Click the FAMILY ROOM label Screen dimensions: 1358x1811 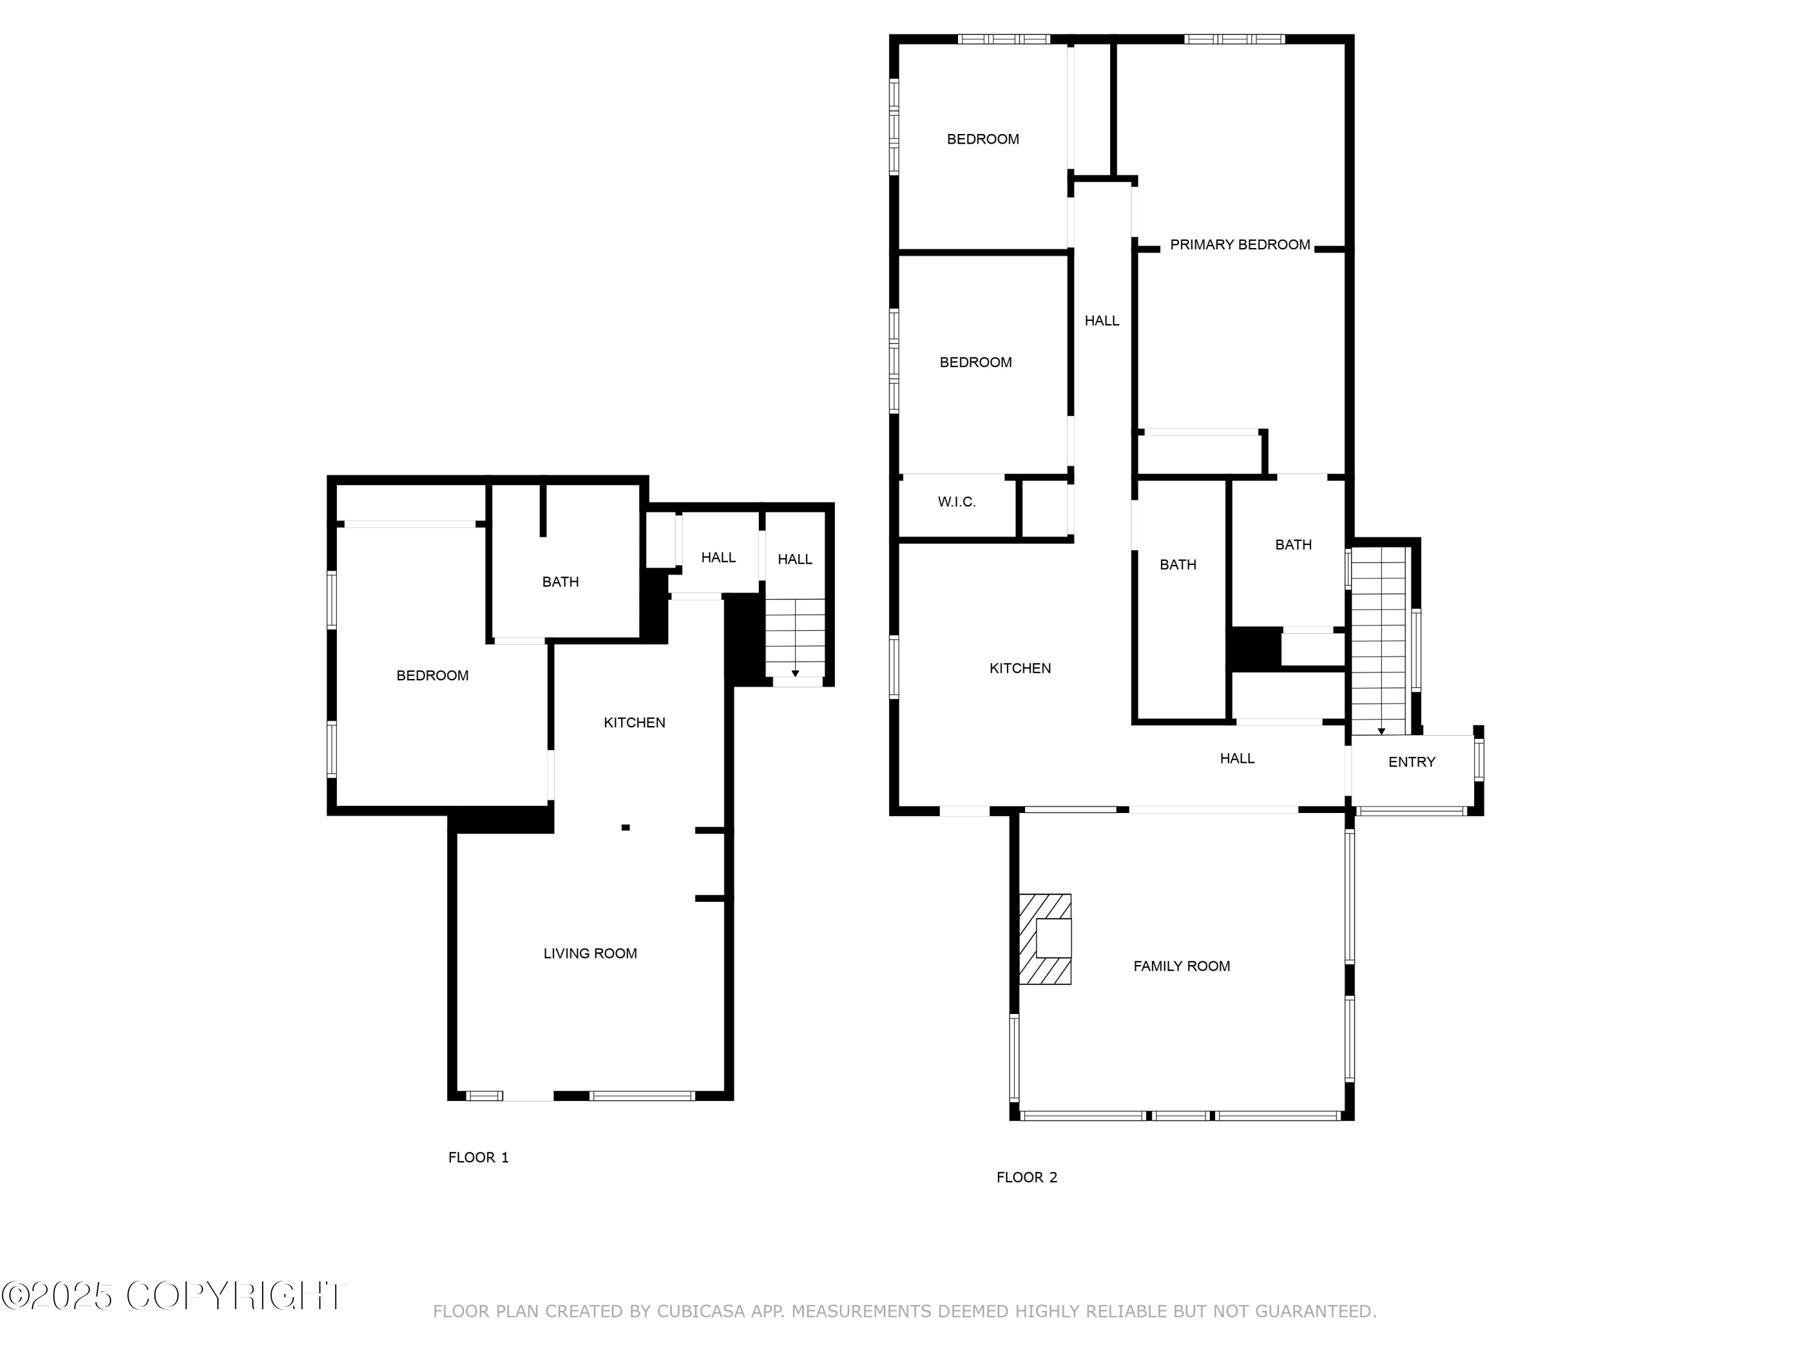pyautogui.click(x=1181, y=966)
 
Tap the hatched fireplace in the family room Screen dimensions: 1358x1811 pyautogui.click(x=1045, y=939)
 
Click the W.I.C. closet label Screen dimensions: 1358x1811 pyautogui.click(x=956, y=502)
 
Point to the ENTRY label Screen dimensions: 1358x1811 pyautogui.click(x=1411, y=762)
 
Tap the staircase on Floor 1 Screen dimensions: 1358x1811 pyautogui.click(x=795, y=637)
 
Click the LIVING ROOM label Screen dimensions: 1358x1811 pyautogui.click(x=589, y=953)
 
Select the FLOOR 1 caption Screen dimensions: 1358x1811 pyautogui.click(x=478, y=1158)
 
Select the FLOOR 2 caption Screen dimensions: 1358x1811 pyautogui.click(x=1027, y=1177)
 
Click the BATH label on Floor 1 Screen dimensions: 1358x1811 pyautogui.click(x=560, y=582)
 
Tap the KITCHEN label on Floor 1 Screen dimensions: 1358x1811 pyautogui.click(x=634, y=722)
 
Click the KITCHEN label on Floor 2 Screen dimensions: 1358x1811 pyautogui.click(x=1020, y=668)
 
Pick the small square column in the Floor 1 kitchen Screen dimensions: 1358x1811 pyautogui.click(x=625, y=827)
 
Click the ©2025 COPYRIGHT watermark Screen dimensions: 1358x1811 pyautogui.click(x=174, y=1296)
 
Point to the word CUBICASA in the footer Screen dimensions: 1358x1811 pyautogui.click(x=701, y=1312)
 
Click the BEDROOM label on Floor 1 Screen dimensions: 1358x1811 pyautogui.click(x=432, y=675)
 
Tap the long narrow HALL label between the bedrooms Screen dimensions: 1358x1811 pyautogui.click(x=1101, y=321)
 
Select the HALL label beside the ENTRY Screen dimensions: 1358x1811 pyautogui.click(x=1236, y=758)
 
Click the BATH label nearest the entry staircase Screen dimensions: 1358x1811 pyautogui.click(x=1293, y=544)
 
